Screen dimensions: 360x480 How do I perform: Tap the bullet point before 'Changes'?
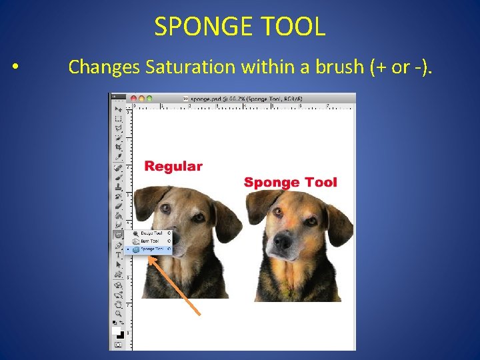tap(15, 67)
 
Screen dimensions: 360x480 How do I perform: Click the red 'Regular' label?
tap(173, 167)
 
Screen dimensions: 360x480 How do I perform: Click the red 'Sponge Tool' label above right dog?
tap(291, 182)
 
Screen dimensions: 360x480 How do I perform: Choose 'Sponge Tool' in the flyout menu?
tap(150, 249)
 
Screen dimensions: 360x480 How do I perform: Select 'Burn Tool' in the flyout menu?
tap(149, 241)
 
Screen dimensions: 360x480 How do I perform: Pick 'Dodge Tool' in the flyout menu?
tap(150, 233)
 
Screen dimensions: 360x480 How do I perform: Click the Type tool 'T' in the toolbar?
tap(118, 255)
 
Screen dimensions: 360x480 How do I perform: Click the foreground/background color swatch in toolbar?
tap(118, 333)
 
